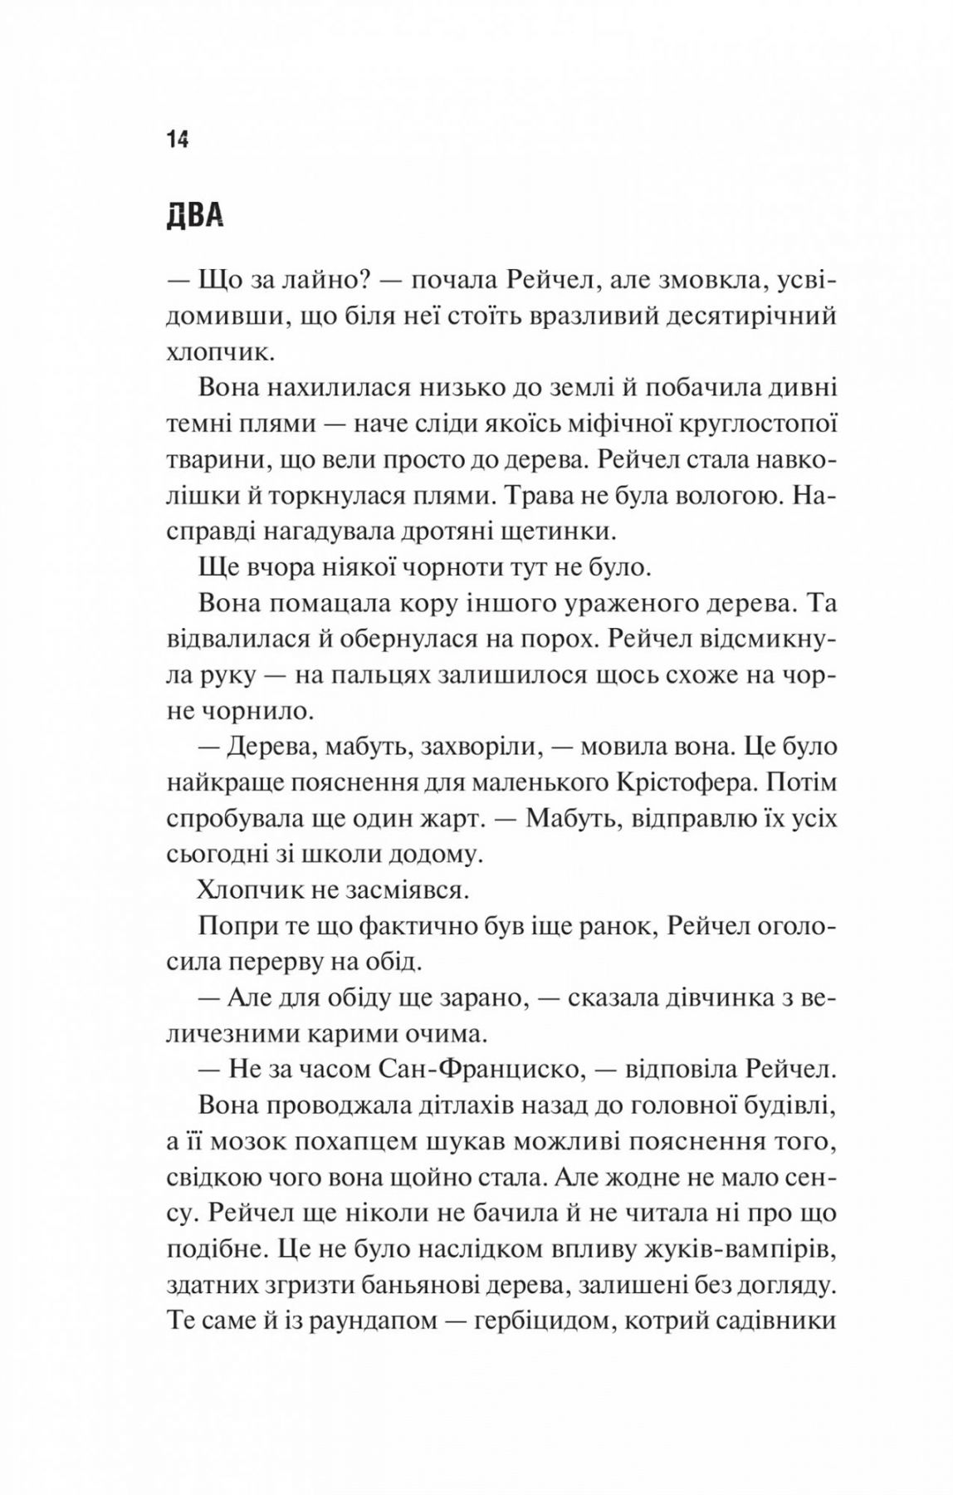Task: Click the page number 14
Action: point(178,139)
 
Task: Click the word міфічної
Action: point(601,424)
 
